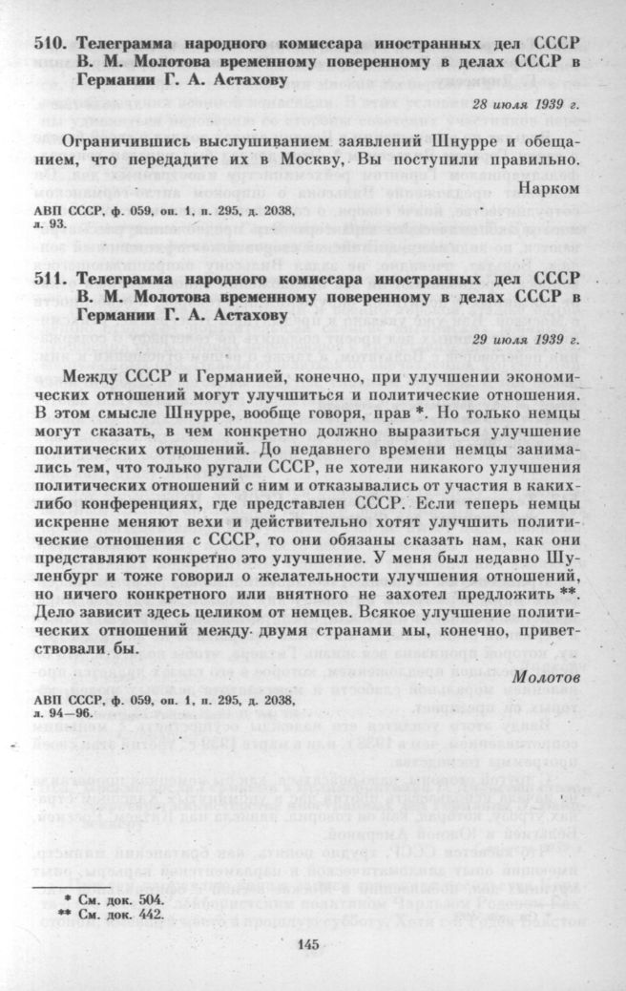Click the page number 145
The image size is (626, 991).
pyautogui.click(x=312, y=945)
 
